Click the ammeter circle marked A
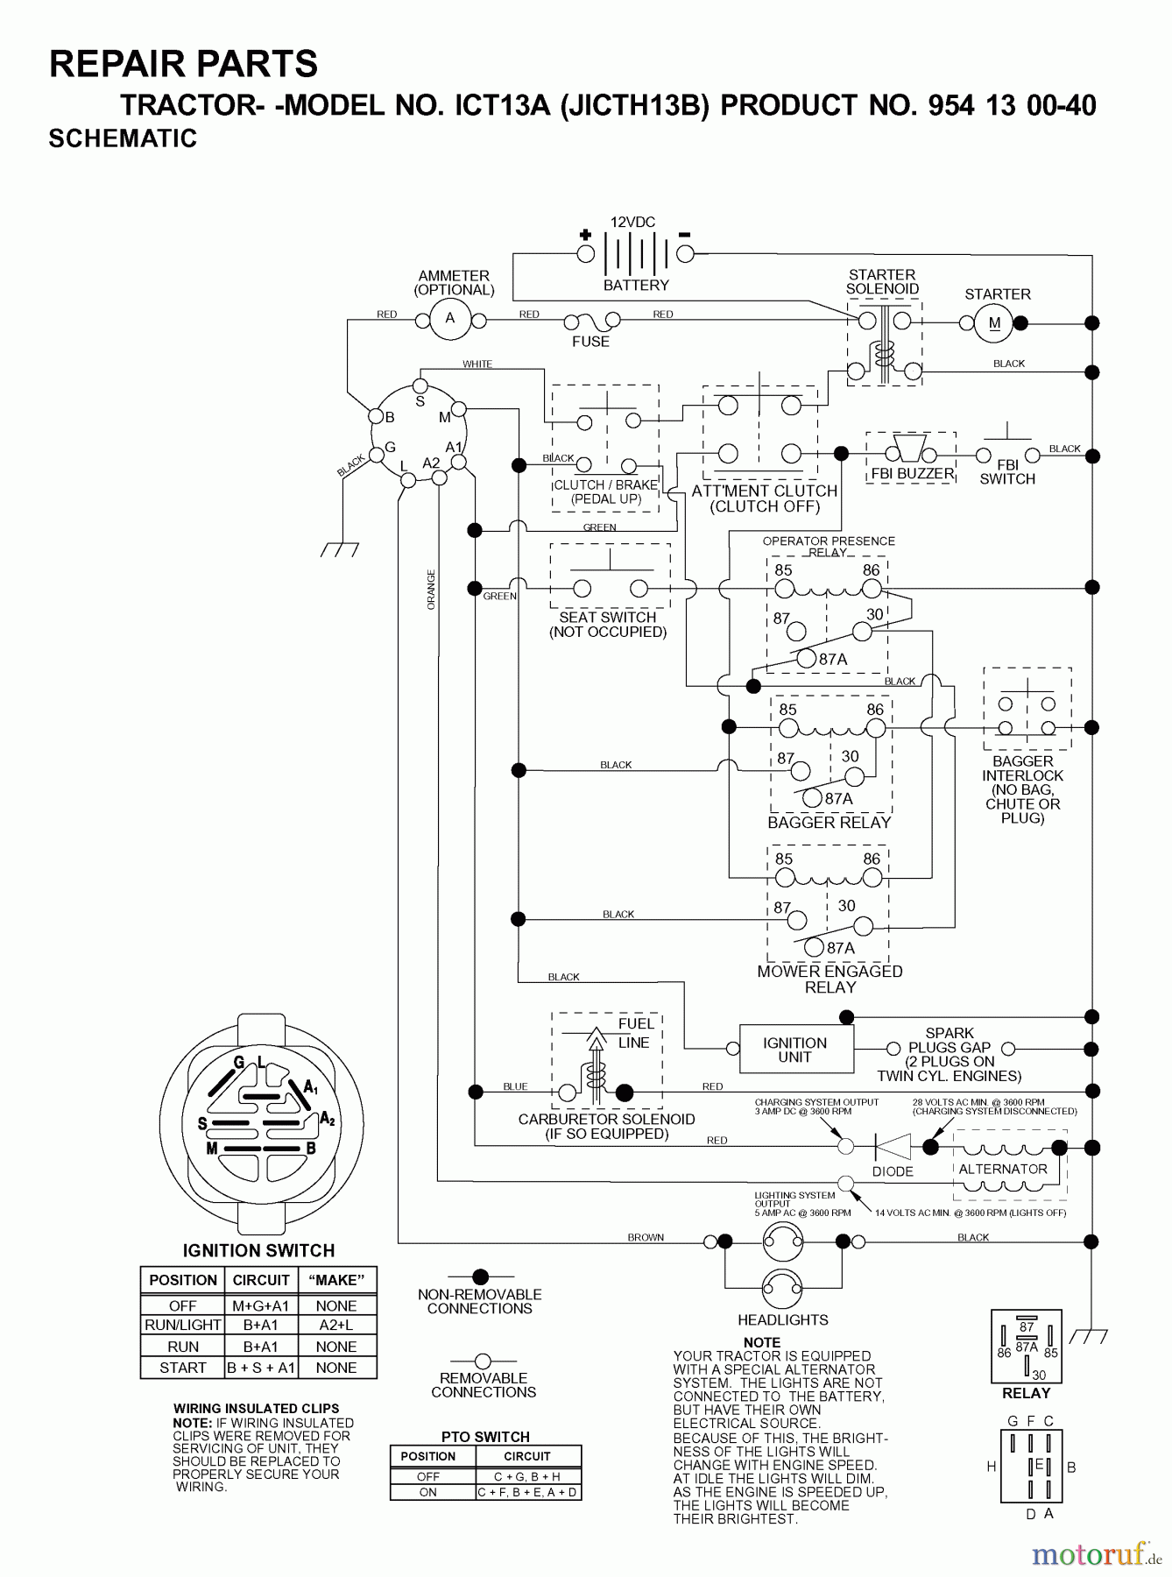[x=450, y=319]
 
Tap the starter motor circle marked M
[x=994, y=323]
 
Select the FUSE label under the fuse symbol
[x=590, y=342]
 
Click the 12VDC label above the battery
[x=632, y=223]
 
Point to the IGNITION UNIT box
[x=795, y=1050]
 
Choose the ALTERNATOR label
[x=1003, y=1169]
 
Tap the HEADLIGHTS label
[x=782, y=1319]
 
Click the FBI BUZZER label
[x=912, y=474]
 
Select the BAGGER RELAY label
[x=829, y=823]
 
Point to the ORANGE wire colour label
[x=431, y=590]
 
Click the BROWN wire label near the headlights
[x=646, y=1237]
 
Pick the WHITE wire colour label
[x=477, y=364]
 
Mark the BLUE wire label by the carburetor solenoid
[x=515, y=1086]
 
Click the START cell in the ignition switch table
[x=182, y=1368]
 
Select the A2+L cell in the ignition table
[x=336, y=1326]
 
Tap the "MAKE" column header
[x=336, y=1280]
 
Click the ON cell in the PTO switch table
[x=428, y=1492]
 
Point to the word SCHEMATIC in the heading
[x=123, y=138]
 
